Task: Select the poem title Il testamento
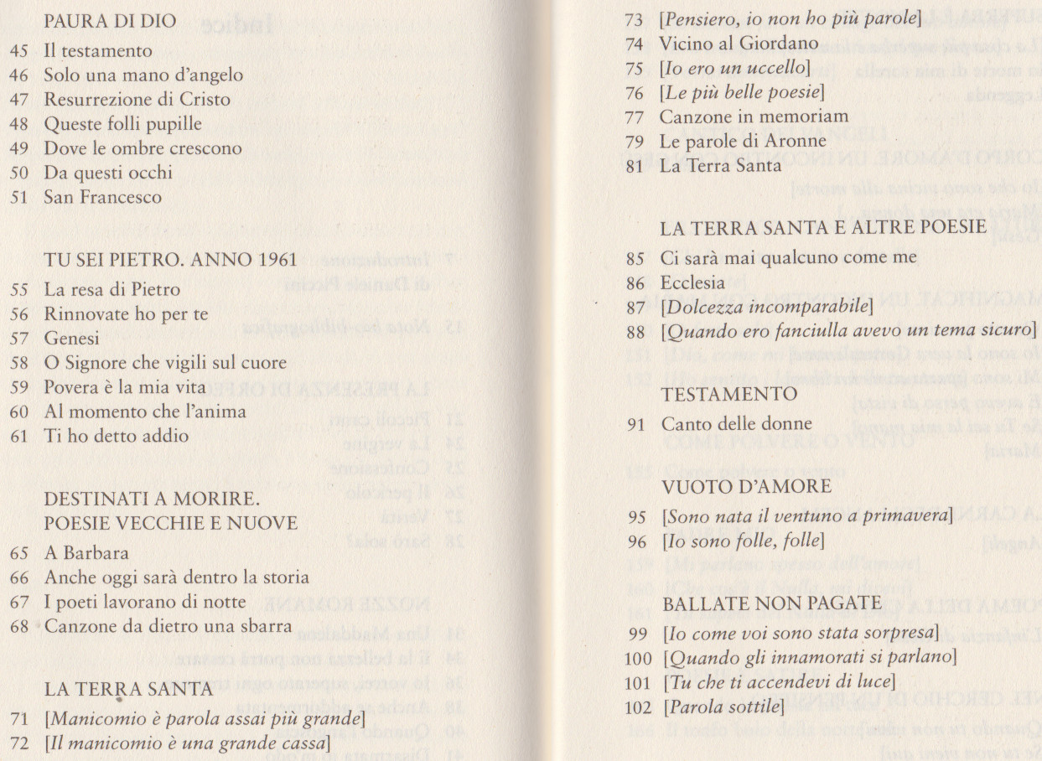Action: [x=98, y=52]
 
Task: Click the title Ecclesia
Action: [x=692, y=282]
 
